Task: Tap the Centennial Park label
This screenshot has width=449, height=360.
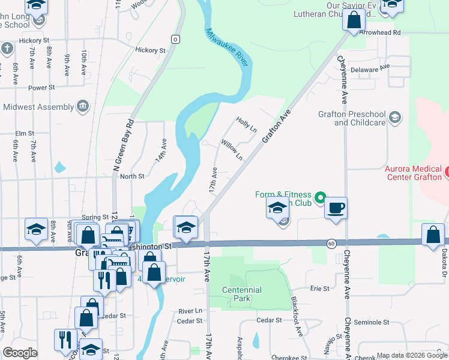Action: tap(241, 294)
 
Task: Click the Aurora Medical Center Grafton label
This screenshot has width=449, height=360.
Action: tap(413, 173)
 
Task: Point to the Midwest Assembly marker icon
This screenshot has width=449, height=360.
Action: tap(83, 107)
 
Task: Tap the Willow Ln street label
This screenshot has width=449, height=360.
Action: tap(232, 150)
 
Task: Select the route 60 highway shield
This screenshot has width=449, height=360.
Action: tap(331, 243)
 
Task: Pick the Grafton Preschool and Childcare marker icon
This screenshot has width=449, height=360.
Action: tap(395, 117)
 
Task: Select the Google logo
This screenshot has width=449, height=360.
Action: tap(20, 353)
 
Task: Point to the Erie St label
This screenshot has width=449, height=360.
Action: tap(319, 289)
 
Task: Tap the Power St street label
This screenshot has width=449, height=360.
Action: tap(41, 88)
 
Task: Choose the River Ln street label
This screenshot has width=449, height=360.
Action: tap(190, 311)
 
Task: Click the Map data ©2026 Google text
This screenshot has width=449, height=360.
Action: tap(411, 355)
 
